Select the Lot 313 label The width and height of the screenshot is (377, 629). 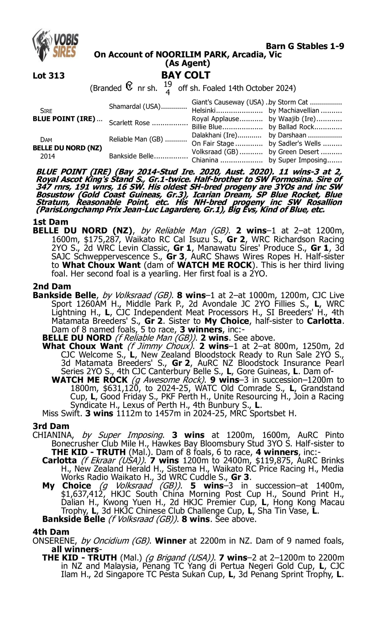tap(49, 75)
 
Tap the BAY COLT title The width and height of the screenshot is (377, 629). tap(186, 75)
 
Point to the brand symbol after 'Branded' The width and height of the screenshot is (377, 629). tap(129, 87)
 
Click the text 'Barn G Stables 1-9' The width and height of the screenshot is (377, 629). tap(305, 46)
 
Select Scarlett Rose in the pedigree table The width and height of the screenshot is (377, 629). tap(129, 123)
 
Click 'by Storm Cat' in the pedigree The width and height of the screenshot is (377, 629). tap(288, 102)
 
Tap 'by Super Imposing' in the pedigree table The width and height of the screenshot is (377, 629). tap(298, 160)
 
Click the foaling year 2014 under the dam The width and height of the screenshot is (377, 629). tap(48, 156)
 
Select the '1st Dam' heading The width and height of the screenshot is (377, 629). tap(50, 222)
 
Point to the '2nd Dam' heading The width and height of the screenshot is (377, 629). tap(52, 286)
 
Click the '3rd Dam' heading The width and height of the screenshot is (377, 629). tap(51, 426)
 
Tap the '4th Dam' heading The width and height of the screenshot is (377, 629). tap(51, 532)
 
